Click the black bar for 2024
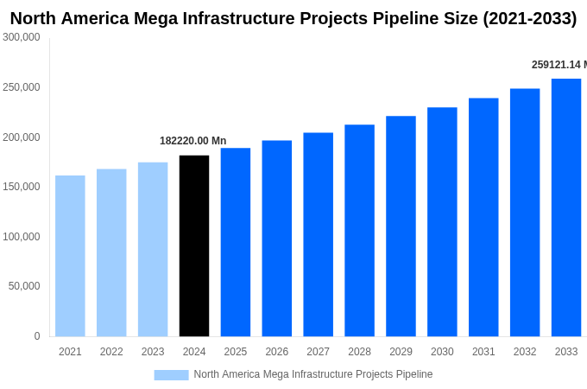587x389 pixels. pos(194,246)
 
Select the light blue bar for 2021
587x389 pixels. pos(70,256)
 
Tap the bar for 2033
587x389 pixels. pos(566,207)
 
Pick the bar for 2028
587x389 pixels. pos(359,231)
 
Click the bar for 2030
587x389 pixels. pos(442,222)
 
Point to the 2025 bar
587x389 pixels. pos(236,242)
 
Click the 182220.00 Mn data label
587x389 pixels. pos(193,141)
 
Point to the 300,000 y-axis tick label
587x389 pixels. pos(22,37)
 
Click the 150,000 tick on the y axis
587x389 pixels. pos(22,187)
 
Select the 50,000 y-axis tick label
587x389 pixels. pos(24,286)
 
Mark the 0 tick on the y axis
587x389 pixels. pos(36,336)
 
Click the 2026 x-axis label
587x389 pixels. pos(277,352)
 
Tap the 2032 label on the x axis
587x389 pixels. pos(525,352)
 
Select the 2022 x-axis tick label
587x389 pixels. pos(111,352)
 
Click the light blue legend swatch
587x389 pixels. pos(171,374)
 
